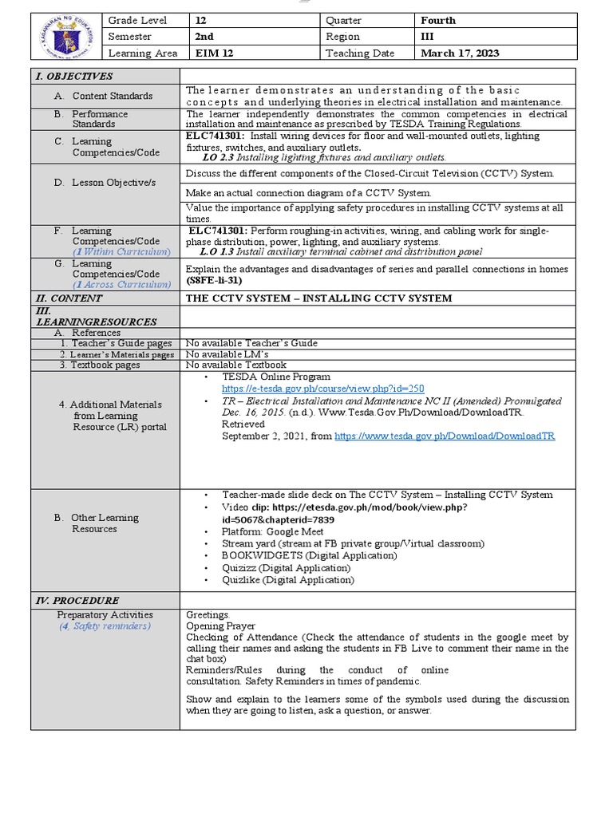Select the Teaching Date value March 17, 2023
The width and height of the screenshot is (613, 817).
(x=460, y=53)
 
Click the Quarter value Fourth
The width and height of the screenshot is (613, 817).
(x=438, y=20)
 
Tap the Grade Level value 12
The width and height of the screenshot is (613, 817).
(x=201, y=20)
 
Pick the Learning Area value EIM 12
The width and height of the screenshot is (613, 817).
(x=213, y=53)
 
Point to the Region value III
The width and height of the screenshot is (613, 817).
(x=428, y=37)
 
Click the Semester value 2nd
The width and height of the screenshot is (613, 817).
(x=205, y=37)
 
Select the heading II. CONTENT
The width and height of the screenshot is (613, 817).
(x=68, y=298)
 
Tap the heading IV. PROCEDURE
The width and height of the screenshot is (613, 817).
(x=76, y=601)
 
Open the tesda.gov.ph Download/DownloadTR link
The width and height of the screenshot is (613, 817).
(x=445, y=436)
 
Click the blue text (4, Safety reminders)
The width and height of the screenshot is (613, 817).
(x=104, y=626)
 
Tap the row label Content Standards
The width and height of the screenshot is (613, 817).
(x=112, y=96)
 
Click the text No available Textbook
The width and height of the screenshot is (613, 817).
(x=235, y=365)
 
